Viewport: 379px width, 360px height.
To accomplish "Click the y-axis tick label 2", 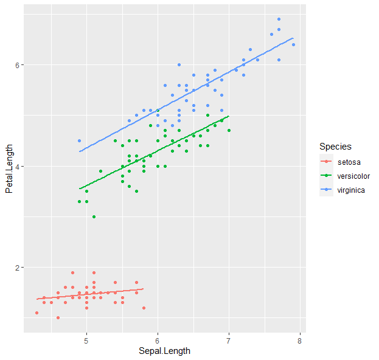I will [x=18, y=268].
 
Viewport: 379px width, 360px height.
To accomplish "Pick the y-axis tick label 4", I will [x=18, y=167].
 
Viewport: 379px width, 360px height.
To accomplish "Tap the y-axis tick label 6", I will [x=18, y=65].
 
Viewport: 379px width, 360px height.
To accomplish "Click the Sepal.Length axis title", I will [x=164, y=351].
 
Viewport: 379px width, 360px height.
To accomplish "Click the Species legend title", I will [x=335, y=147].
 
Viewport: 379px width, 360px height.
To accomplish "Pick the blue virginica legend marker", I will [x=327, y=190].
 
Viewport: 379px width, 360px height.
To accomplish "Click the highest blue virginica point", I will [x=279, y=19].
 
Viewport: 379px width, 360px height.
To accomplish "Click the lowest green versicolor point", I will [x=94, y=216].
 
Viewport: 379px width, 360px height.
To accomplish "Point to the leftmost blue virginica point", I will [x=79, y=140].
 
